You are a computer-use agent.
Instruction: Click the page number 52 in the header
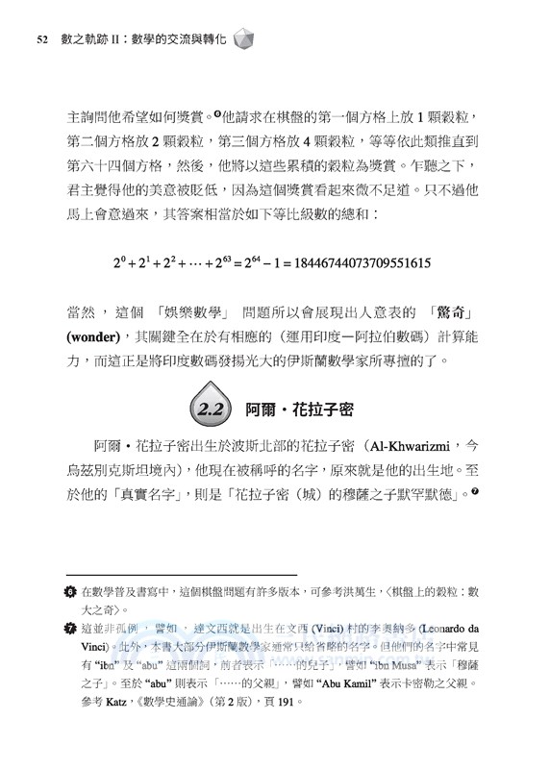tap(41, 39)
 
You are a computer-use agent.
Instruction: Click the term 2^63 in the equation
tap(223, 261)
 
